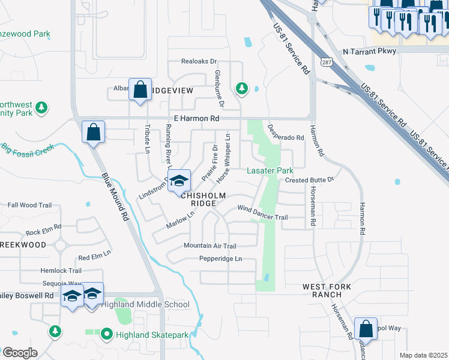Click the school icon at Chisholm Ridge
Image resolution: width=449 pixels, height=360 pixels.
[179, 180]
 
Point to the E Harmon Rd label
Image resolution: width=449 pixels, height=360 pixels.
[196, 119]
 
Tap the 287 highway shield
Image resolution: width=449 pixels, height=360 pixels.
[325, 62]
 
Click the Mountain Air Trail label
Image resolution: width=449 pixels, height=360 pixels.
[210, 246]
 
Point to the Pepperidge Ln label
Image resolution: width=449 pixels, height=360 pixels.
[221, 259]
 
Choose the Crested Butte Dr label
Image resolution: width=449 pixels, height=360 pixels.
[309, 179]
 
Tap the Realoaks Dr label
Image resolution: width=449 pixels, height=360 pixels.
[199, 62]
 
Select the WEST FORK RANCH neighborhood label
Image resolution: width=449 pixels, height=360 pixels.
[327, 290]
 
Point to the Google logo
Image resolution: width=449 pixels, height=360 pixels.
[19, 353]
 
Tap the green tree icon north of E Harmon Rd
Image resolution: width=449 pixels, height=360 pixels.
[241, 89]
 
